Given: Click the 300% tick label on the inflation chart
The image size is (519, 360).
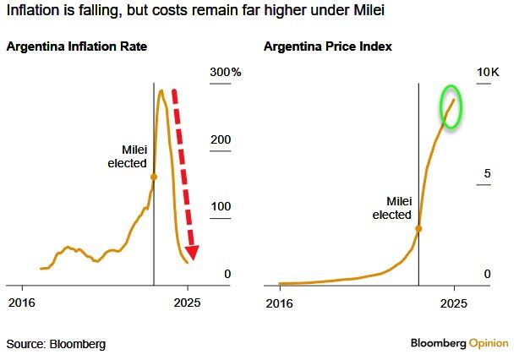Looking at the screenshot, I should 226,73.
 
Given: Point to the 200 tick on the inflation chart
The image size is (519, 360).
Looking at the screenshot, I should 221,140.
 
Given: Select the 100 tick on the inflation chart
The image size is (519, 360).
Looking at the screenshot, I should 221,207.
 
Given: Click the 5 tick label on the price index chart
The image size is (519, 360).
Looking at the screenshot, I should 487,174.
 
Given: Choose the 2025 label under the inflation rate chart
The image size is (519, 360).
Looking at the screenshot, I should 188,302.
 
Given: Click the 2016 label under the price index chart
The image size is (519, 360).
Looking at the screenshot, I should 280,302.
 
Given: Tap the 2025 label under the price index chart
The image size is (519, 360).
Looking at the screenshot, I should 454,302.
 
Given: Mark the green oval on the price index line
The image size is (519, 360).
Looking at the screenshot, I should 451,107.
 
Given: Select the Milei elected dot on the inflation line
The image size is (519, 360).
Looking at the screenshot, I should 153,177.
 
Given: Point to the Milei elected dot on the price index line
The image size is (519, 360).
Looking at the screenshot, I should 418,228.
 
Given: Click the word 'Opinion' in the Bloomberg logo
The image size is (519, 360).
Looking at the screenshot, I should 489,343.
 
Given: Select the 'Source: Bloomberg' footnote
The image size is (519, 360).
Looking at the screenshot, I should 56,344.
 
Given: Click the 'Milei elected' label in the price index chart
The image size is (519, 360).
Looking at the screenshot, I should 391,209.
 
